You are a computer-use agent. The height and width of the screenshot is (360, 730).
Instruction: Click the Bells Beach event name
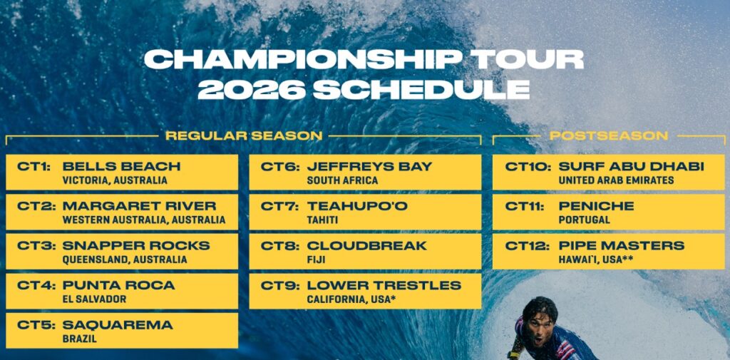[x=121, y=166]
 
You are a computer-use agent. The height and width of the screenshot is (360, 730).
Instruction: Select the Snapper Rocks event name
[x=136, y=245]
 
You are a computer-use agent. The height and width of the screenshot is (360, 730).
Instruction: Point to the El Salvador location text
[x=94, y=299]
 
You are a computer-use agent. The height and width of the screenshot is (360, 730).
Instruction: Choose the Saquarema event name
[x=118, y=324]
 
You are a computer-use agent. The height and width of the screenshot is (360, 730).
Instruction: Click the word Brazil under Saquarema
[x=80, y=339]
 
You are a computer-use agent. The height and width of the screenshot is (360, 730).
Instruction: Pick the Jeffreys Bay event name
[x=370, y=166]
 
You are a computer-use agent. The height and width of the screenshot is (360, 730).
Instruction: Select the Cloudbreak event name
[x=367, y=245]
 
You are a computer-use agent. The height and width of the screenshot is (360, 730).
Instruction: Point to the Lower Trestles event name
[x=384, y=285]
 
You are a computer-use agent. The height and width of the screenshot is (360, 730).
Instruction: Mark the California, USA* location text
[x=351, y=299]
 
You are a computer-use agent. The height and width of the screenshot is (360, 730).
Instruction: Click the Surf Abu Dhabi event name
[x=632, y=166]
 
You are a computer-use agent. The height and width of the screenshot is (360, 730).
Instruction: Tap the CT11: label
[x=524, y=206]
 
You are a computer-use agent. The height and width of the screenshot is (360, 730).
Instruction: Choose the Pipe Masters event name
[x=622, y=245]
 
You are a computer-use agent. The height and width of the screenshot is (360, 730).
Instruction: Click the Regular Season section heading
[x=244, y=136]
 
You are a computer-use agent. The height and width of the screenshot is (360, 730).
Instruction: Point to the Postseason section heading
[x=609, y=136]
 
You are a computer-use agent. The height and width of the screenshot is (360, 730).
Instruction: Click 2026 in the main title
[x=252, y=90]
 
